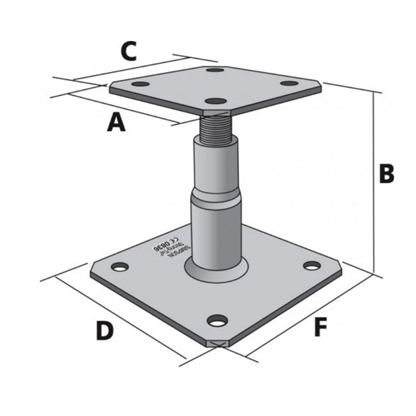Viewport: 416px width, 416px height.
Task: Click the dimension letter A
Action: pyautogui.click(x=116, y=123)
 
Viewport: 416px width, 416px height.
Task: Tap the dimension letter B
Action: pyautogui.click(x=386, y=173)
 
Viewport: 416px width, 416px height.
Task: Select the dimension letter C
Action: pyautogui.click(x=129, y=51)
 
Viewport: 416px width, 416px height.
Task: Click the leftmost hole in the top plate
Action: pyautogui.click(x=141, y=84)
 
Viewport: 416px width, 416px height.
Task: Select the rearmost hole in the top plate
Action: pyautogui.click(x=216, y=71)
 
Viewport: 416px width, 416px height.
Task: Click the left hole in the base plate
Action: pyautogui.click(x=120, y=266)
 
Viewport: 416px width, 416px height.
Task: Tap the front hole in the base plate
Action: pyautogui.click(x=218, y=320)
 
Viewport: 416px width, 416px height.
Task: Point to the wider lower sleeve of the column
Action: pyautogui.click(x=218, y=229)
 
